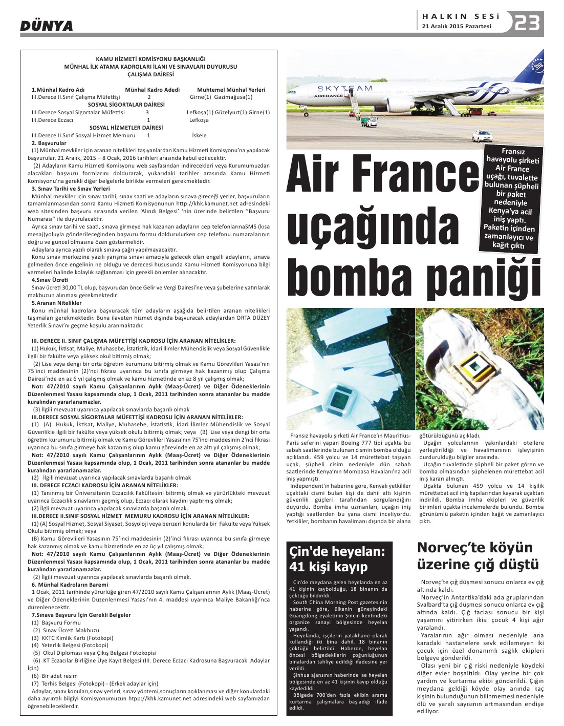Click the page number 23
pyautogui.click(x=528, y=23)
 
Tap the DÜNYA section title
pyautogui.click(x=46, y=26)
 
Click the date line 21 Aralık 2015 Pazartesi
pyautogui.click(x=457, y=27)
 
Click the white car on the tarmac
pyautogui.click(x=483, y=136)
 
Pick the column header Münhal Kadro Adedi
pyautogui.click(x=152, y=90)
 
